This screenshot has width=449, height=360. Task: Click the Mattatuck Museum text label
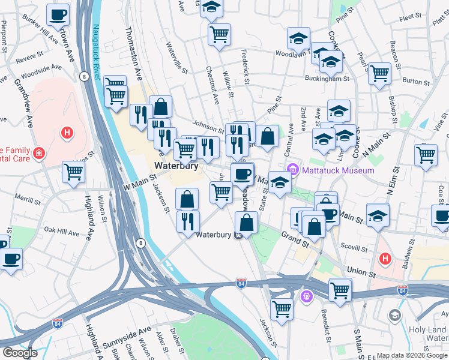point(338,170)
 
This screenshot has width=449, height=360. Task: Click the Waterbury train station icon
point(239,235)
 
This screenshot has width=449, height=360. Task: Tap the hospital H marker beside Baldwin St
point(384,259)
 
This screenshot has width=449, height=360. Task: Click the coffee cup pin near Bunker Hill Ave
point(58,14)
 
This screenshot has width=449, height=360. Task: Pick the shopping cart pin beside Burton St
point(379,74)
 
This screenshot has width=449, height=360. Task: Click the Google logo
point(20,353)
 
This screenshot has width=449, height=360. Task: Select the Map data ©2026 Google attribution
point(412,355)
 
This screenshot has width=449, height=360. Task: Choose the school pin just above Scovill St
point(378,215)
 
